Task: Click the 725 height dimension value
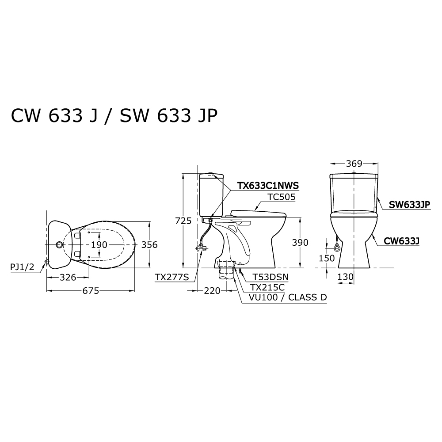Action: (x=183, y=221)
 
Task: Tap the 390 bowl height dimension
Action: (x=300, y=242)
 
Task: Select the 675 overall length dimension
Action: (x=91, y=291)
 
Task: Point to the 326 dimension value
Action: (x=68, y=278)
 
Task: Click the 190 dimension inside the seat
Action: (x=99, y=245)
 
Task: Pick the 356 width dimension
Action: (x=149, y=245)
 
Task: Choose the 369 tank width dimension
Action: (x=354, y=164)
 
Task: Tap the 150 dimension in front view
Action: (x=327, y=258)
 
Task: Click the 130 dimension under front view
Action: (x=346, y=277)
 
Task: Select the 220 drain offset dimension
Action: (x=212, y=291)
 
